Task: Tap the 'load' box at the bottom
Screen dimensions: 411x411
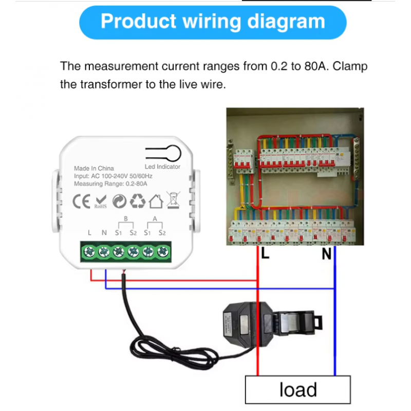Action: click(298, 389)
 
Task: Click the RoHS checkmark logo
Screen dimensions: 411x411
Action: click(100, 201)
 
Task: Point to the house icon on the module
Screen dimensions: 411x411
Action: click(156, 201)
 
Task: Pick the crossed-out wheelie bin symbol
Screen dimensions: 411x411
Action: click(173, 200)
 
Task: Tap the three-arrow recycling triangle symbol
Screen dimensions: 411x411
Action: click(138, 201)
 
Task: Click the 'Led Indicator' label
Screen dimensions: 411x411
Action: click(162, 166)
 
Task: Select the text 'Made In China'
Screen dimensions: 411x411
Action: click(94, 168)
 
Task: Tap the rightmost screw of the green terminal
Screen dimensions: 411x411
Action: click(163, 251)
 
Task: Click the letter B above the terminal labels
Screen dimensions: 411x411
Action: click(125, 219)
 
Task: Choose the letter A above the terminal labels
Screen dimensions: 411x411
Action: click(155, 219)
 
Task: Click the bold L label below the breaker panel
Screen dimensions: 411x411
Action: click(265, 253)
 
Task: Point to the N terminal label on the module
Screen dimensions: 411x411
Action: click(104, 233)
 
